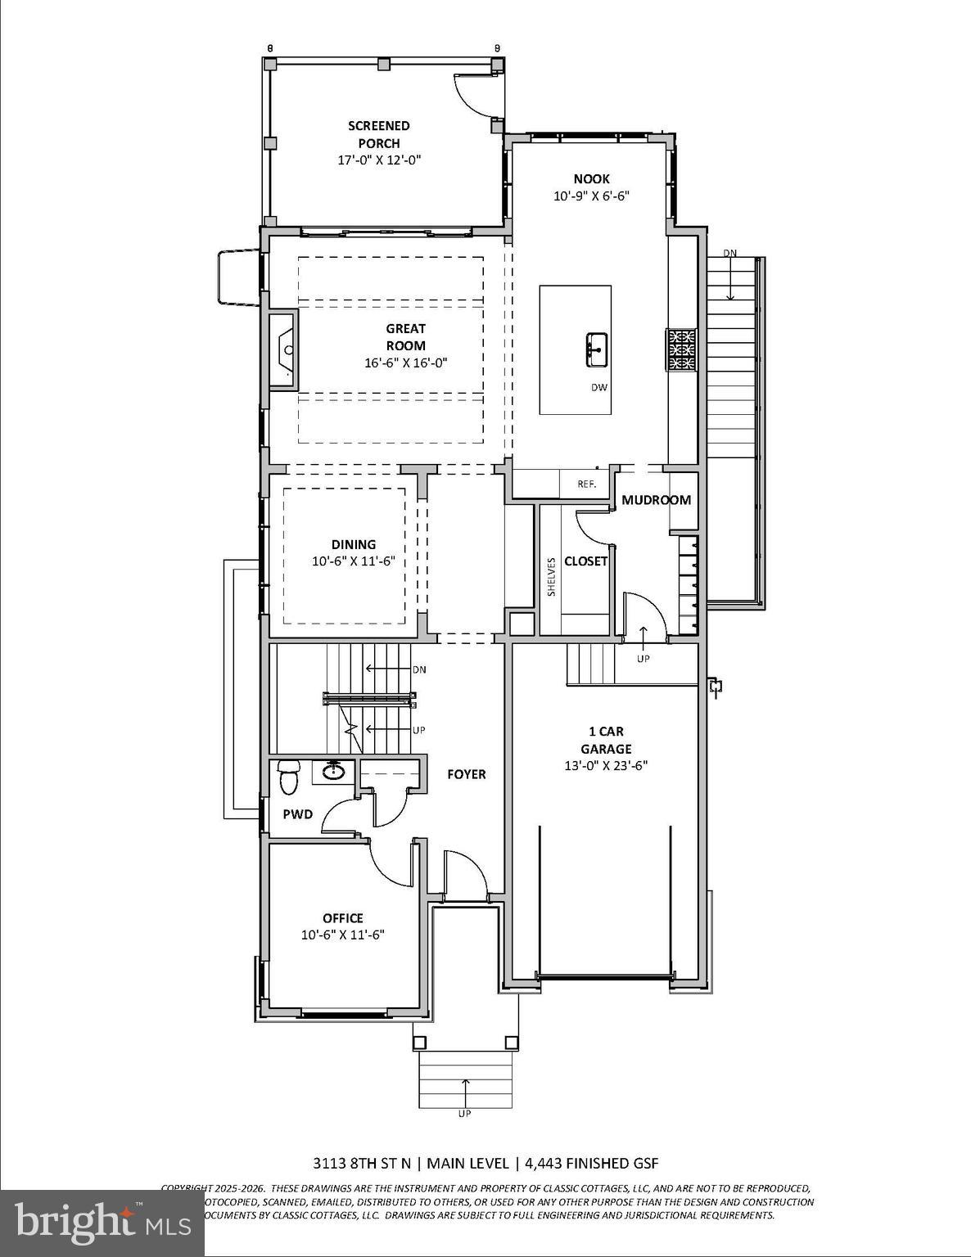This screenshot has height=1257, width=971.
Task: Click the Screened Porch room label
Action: tap(378, 134)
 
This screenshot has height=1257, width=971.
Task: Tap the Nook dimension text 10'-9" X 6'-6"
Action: tap(590, 196)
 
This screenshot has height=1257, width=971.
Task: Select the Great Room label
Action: tap(406, 337)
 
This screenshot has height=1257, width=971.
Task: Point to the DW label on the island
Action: tap(599, 388)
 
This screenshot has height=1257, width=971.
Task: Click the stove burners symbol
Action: tap(681, 350)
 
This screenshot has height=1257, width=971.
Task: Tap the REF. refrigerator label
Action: tap(586, 484)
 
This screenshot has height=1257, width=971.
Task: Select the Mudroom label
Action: tap(656, 500)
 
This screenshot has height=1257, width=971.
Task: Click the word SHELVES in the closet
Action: tap(552, 576)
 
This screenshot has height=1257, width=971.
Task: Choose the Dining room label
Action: tap(354, 544)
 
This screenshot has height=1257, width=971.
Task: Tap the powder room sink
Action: tap(333, 771)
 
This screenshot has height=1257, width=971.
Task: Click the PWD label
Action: tap(298, 814)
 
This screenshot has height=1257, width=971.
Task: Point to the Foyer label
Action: tap(466, 774)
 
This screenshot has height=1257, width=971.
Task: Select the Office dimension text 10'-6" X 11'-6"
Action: tap(343, 935)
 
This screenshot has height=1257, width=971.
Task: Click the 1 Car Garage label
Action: tap(606, 740)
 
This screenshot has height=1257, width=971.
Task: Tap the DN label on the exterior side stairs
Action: tap(729, 253)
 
